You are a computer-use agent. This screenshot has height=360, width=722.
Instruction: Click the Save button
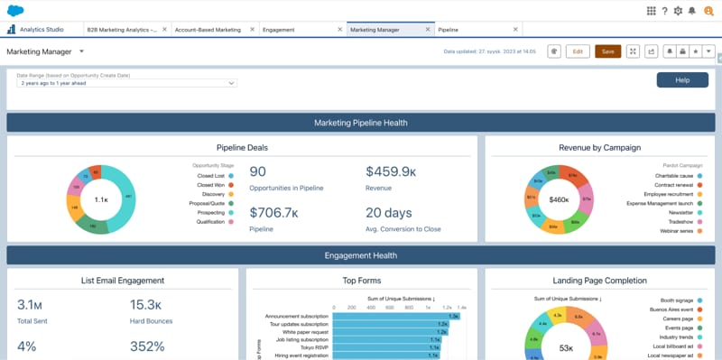(x=607, y=51)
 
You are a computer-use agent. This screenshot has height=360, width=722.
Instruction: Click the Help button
(x=682, y=80)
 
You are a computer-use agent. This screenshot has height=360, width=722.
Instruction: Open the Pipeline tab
(x=449, y=30)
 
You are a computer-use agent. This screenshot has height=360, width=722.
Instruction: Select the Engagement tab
(x=278, y=30)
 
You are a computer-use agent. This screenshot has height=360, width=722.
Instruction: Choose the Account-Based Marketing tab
(x=208, y=30)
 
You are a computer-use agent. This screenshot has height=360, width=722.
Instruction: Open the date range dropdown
(x=125, y=83)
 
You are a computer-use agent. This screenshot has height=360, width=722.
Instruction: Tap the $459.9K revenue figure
(x=390, y=171)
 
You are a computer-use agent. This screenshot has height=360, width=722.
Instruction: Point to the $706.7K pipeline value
(x=273, y=213)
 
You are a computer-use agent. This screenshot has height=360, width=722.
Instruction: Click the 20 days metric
(x=389, y=213)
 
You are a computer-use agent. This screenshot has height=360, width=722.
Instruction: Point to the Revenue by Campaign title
(x=600, y=147)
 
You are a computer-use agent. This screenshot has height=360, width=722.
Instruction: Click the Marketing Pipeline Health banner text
(x=361, y=123)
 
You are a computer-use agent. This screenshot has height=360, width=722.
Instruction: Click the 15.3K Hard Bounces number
(x=146, y=304)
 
